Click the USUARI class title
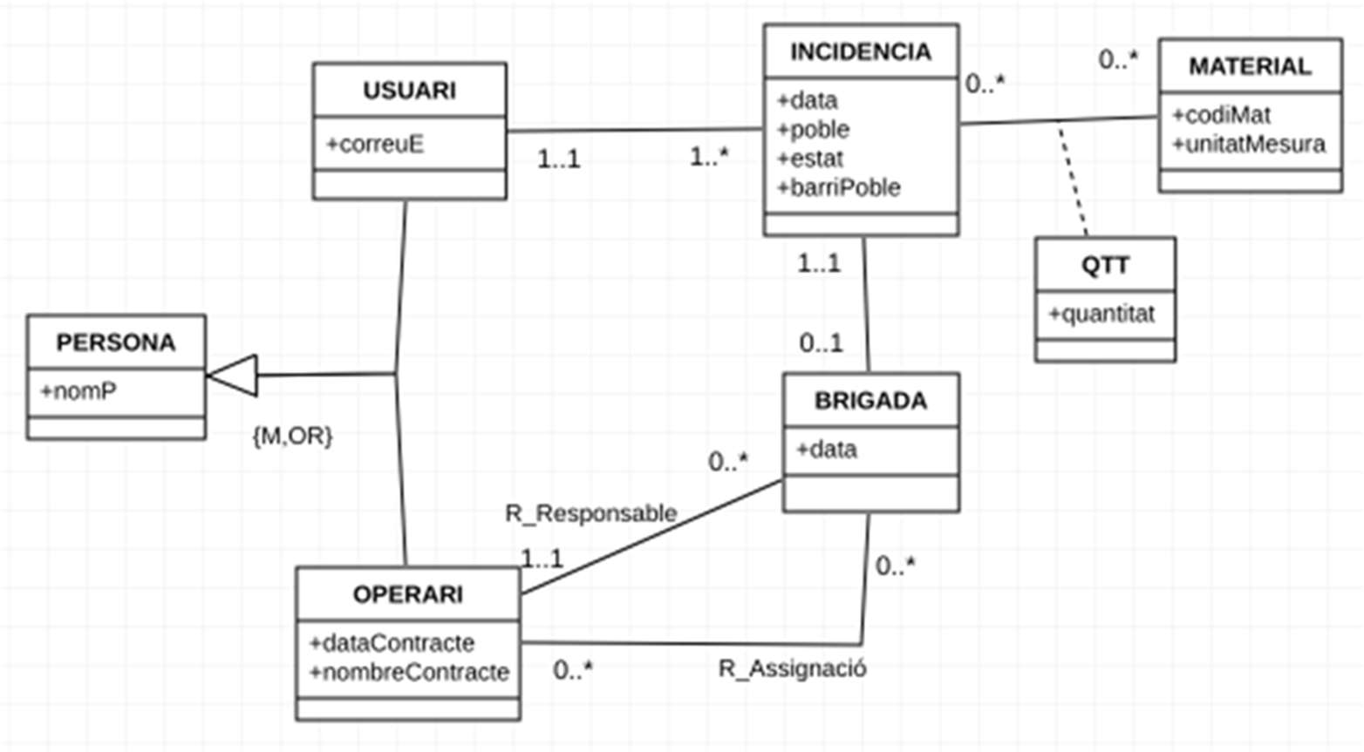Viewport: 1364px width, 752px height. point(409,91)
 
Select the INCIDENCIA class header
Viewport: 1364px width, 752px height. point(860,52)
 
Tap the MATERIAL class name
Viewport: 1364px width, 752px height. point(1249,66)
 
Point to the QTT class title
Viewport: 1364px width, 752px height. point(1105,265)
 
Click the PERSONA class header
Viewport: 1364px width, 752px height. point(116,342)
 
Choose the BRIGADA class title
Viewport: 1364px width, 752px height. point(870,401)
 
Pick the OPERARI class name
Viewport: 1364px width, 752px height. point(407,594)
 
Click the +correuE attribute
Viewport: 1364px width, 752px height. point(375,144)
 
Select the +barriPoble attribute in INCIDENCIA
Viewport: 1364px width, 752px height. point(839,187)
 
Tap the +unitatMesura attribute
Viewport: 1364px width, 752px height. point(1249,144)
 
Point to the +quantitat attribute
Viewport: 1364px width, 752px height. point(1101,314)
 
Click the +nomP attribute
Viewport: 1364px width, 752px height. point(78,391)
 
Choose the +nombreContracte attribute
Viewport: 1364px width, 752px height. point(409,672)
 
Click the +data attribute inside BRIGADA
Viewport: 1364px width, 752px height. point(826,450)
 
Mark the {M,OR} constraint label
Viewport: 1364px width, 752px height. point(292,436)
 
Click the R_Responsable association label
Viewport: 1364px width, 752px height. point(590,513)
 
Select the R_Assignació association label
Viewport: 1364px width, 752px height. point(792,668)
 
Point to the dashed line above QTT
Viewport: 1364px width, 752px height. point(1073,179)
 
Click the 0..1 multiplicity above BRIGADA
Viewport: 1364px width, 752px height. point(821,343)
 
